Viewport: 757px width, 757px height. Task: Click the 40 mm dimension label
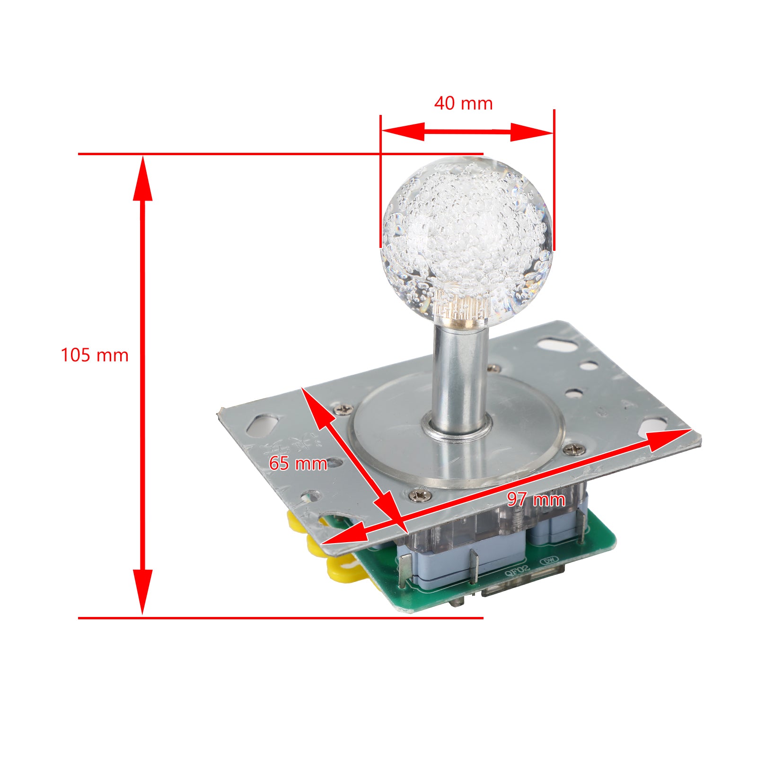tap(463, 103)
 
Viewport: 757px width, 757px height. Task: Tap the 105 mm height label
tap(95, 355)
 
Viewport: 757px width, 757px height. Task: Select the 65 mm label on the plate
tap(298, 463)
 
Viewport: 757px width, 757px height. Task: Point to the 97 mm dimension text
tap(536, 499)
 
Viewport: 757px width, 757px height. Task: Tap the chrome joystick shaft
tap(459, 378)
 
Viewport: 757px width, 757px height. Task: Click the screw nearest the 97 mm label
tap(575, 449)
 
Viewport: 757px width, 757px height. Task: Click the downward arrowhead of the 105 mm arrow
tap(142, 591)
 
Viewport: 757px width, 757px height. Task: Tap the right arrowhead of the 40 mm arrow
tap(532, 132)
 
